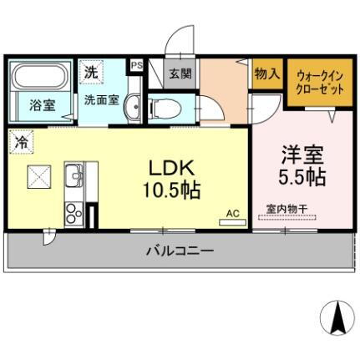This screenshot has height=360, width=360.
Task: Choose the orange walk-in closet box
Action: (319, 83)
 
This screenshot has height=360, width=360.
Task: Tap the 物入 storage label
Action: (267, 74)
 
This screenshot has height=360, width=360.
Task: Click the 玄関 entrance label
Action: (180, 74)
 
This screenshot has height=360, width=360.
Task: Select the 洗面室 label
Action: (99, 98)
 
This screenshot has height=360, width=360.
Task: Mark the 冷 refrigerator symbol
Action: (21, 142)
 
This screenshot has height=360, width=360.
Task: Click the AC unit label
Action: (233, 214)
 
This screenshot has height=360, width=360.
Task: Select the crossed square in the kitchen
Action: (38, 176)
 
